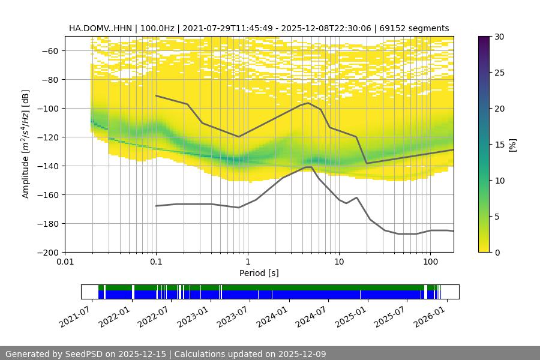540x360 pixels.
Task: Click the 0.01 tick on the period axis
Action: coord(65,261)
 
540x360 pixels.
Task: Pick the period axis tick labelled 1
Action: coord(247,261)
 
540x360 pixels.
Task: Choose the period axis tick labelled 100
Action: coord(430,261)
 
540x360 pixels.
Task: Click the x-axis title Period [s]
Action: coord(259,273)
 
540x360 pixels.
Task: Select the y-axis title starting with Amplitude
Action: coord(25,144)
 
